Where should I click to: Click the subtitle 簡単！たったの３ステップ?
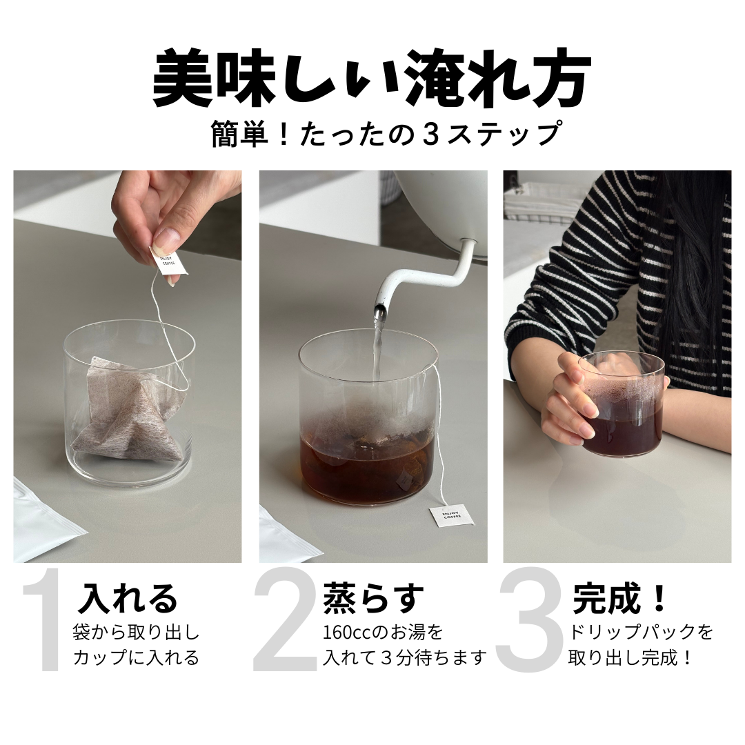pyautogui.click(x=386, y=135)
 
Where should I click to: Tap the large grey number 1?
pyautogui.click(x=43, y=620)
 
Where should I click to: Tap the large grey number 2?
pyautogui.click(x=285, y=620)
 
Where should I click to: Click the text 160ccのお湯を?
pyautogui.click(x=383, y=633)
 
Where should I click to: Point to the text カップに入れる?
pyautogui.click(x=136, y=657)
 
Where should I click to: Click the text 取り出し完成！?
pyautogui.click(x=630, y=657)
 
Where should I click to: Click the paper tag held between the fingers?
pyautogui.click(x=169, y=264)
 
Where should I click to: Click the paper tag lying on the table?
pyautogui.click(x=451, y=516)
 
